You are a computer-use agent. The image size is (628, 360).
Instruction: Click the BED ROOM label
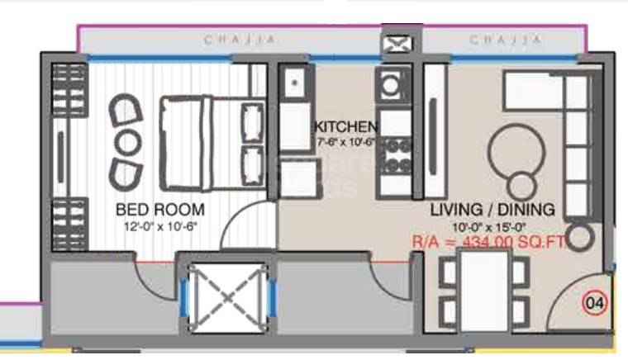click(159, 210)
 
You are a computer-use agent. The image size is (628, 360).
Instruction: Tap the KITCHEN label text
click(345, 127)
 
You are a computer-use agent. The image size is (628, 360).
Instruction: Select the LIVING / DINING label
click(492, 210)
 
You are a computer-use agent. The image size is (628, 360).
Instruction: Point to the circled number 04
click(594, 303)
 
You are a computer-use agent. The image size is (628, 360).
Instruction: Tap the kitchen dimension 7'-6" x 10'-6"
click(345, 142)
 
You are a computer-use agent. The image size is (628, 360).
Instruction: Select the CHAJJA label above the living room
click(507, 40)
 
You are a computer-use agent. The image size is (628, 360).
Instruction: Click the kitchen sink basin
click(293, 83)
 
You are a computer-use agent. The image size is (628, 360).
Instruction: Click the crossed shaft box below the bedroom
click(224, 298)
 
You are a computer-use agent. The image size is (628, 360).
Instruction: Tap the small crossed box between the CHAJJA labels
click(394, 43)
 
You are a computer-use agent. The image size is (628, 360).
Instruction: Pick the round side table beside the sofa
click(580, 237)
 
